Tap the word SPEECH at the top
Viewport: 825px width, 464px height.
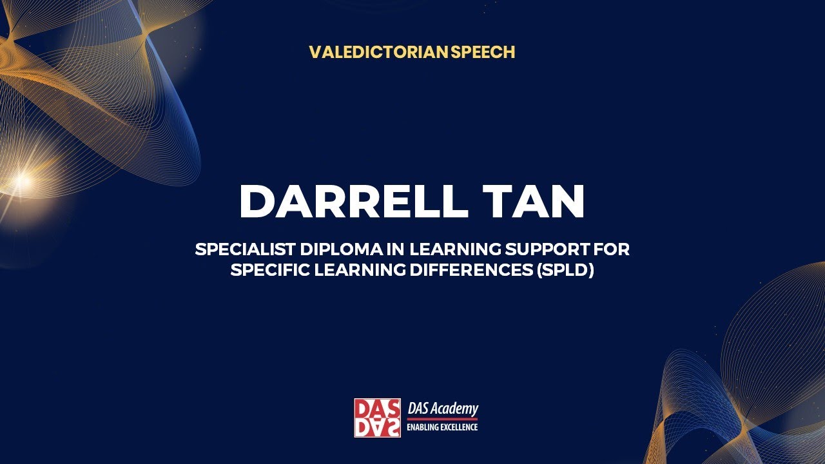[x=483, y=52]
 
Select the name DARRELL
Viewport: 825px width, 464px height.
[x=353, y=201]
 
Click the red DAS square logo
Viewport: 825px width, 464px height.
[x=377, y=418]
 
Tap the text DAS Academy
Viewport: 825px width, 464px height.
[x=443, y=409]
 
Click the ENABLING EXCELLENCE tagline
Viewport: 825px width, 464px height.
[x=442, y=427]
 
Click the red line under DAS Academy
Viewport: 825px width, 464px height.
[x=442, y=418]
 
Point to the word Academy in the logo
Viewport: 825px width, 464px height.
[x=455, y=409]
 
